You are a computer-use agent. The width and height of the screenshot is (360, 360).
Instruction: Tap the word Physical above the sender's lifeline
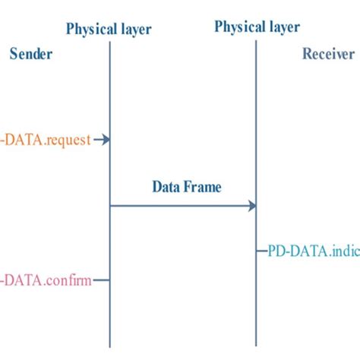[x=89, y=30]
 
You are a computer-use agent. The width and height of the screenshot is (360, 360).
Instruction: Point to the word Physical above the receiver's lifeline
[x=238, y=27]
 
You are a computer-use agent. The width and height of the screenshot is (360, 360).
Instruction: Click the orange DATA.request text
[x=46, y=140]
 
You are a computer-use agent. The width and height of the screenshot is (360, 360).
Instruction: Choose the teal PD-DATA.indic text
[x=313, y=249]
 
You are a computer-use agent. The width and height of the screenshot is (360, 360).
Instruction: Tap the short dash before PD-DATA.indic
[x=261, y=249]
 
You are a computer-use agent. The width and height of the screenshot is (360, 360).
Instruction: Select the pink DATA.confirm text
[x=46, y=280]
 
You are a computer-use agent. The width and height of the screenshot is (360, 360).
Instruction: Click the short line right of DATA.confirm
[x=102, y=280]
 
